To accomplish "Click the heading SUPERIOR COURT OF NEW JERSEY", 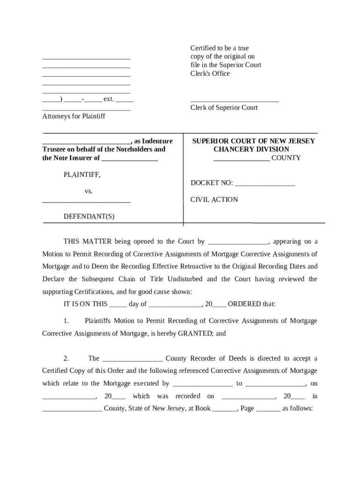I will [254, 141].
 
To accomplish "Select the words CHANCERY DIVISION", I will [251, 149].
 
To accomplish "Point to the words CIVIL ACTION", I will [214, 200].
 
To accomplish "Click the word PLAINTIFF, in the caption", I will [82, 174].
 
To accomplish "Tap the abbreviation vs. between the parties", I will [89, 191].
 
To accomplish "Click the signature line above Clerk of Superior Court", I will [234, 100].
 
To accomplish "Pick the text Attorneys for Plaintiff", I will [73, 116].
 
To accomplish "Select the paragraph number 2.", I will [66, 358].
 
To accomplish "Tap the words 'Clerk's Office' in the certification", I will [210, 73].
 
